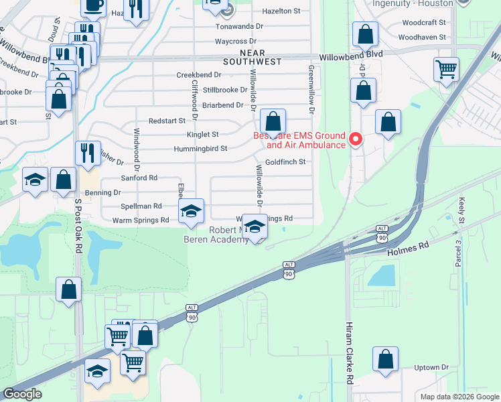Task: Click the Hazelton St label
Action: [x=281, y=11]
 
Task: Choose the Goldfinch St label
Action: [x=285, y=162]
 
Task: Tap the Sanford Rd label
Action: [x=139, y=178]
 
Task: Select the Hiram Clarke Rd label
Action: [x=349, y=359]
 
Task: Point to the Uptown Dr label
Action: [x=431, y=367]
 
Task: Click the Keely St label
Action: [x=461, y=210]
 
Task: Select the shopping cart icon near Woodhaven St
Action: [x=447, y=68]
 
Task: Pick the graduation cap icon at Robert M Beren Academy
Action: [x=255, y=227]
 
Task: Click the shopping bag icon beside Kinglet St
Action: [x=273, y=122]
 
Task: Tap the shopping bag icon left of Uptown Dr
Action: [x=386, y=359]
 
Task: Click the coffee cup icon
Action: [x=93, y=5]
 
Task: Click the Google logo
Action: [x=22, y=394]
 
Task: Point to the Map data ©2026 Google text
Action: [x=459, y=397]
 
